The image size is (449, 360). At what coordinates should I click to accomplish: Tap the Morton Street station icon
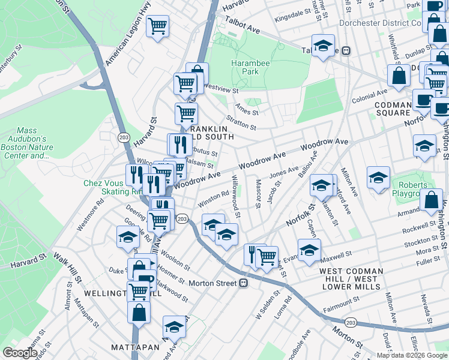[244, 283]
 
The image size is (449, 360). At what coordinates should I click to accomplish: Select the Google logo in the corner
[20, 353]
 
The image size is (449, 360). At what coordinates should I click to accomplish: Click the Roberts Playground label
[411, 190]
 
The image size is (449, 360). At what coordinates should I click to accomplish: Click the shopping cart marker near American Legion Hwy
[157, 26]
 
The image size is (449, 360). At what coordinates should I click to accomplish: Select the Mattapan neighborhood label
[133, 347]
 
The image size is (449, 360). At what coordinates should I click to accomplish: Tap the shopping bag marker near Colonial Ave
[399, 77]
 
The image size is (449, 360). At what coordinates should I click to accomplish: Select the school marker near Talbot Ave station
[323, 47]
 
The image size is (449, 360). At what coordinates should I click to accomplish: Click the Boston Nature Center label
[26, 143]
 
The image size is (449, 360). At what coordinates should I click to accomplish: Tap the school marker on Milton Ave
[378, 178]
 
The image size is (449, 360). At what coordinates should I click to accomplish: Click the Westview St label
[221, 86]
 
